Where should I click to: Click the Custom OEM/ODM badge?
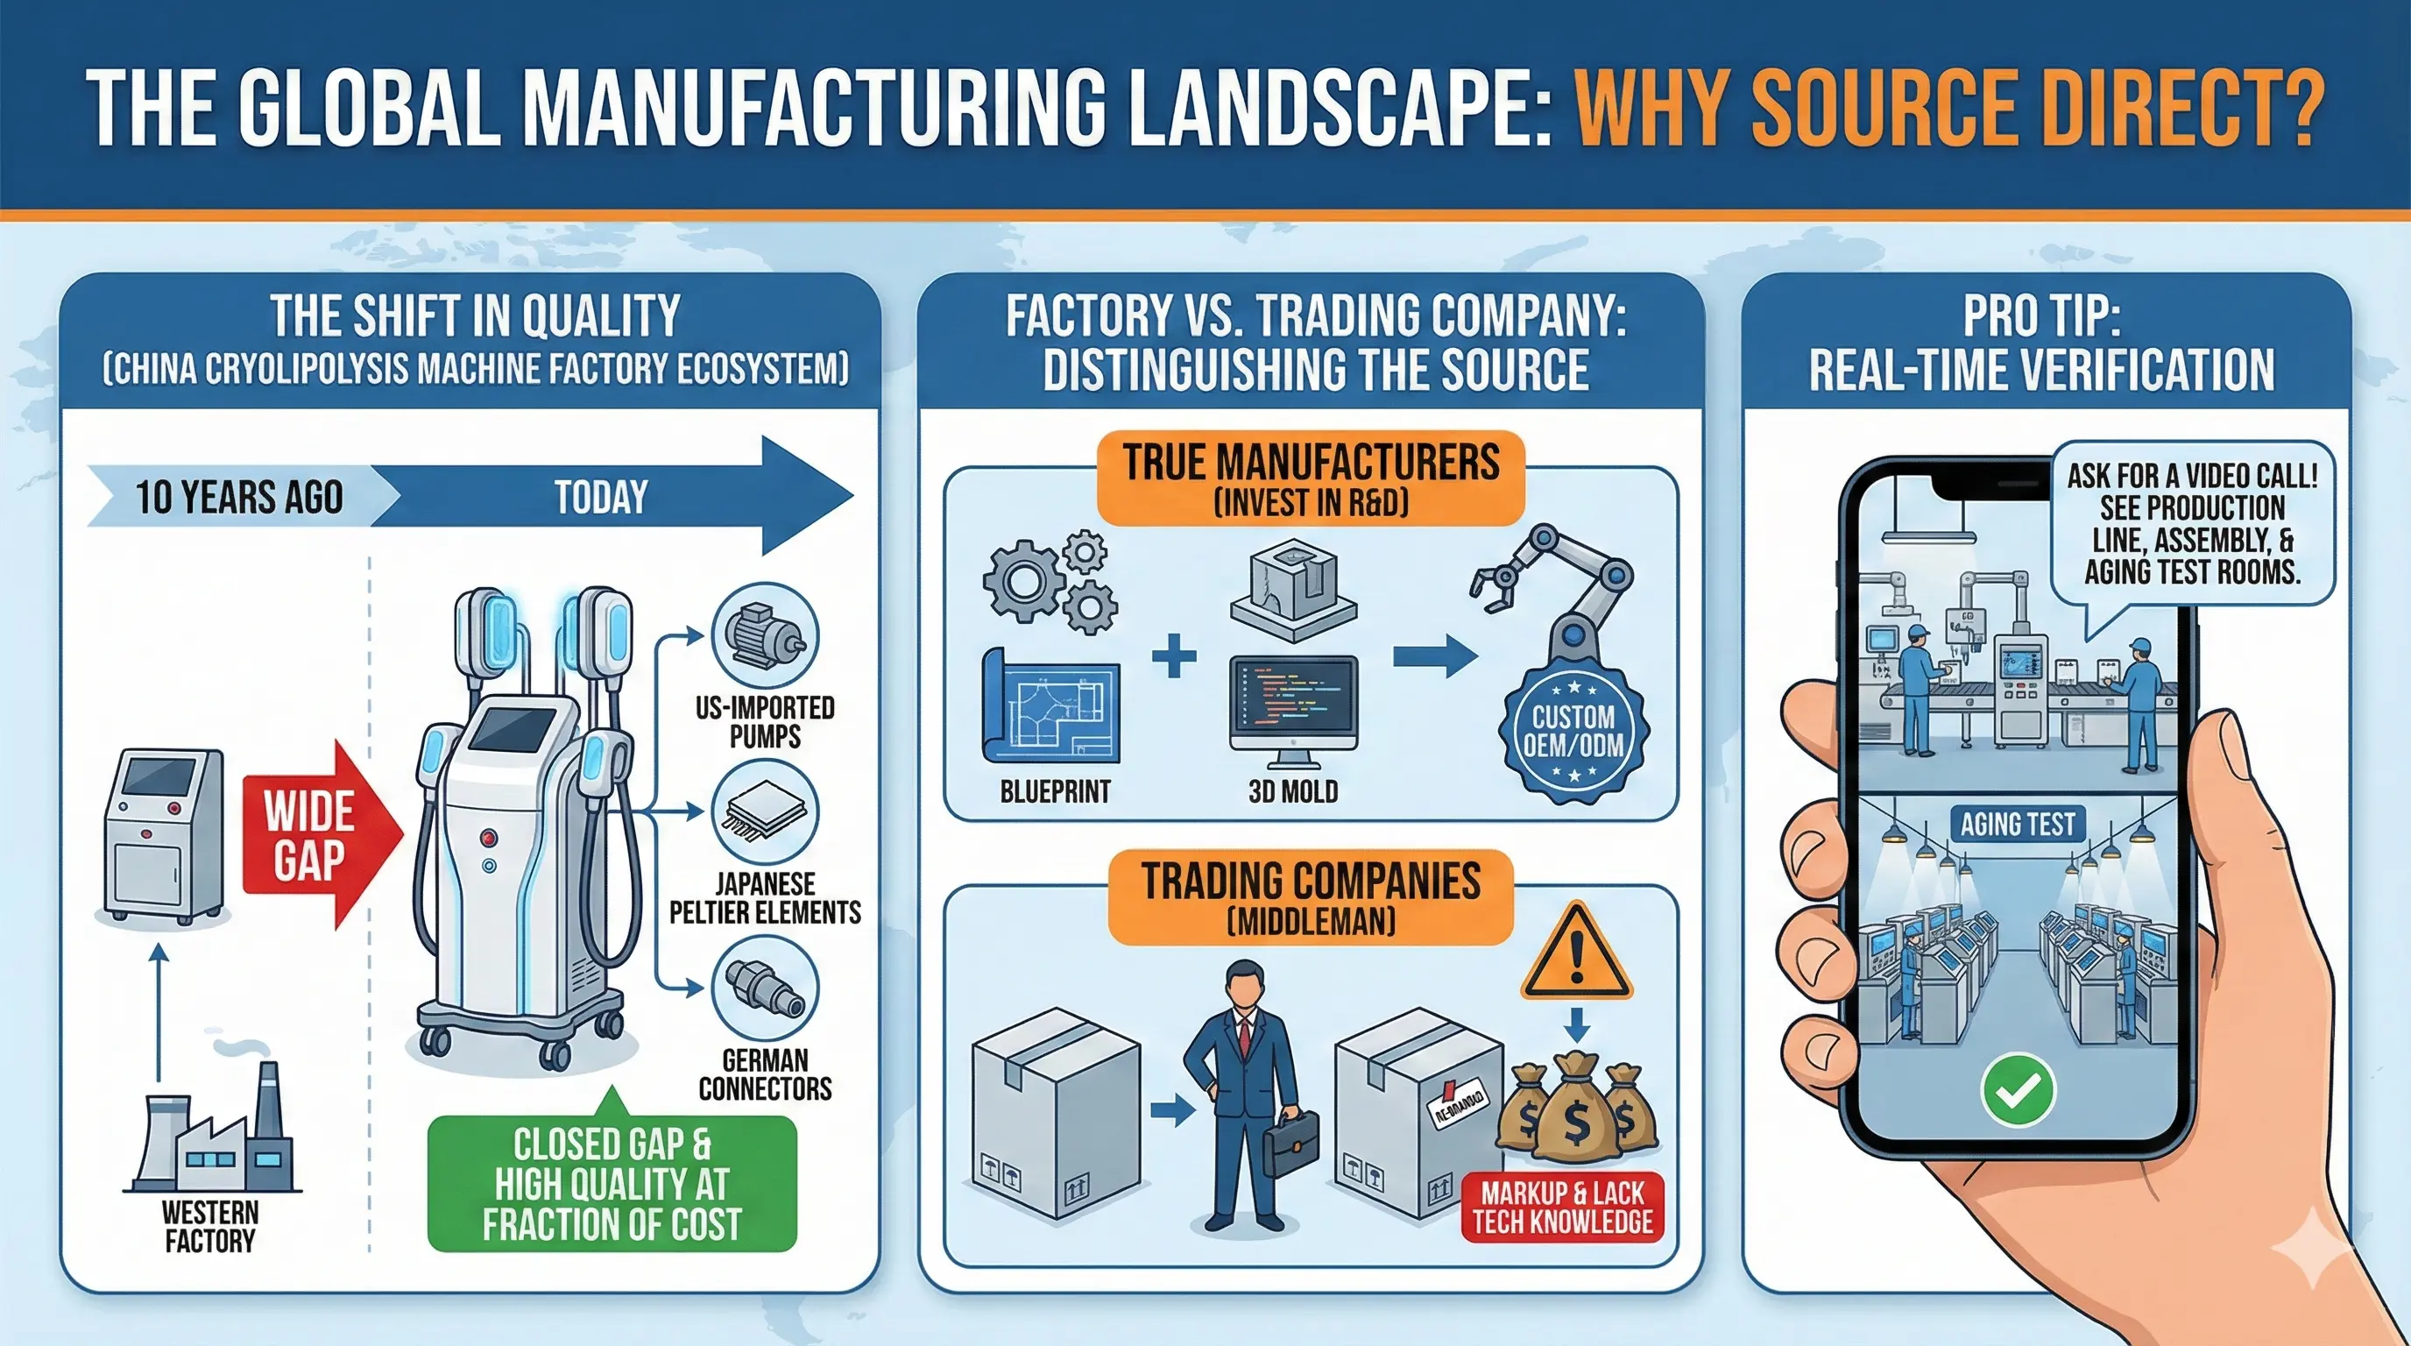[1573, 731]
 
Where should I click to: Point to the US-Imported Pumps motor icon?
[765, 636]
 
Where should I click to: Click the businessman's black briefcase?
[1290, 1140]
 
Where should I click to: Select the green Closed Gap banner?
[612, 1183]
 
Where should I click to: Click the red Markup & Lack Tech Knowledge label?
[1562, 1208]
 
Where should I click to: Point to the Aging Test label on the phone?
[2017, 825]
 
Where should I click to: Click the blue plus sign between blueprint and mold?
[1174, 655]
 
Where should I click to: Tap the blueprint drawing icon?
[1051, 705]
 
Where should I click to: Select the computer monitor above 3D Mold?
[1293, 704]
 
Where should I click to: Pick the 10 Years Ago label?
[238, 497]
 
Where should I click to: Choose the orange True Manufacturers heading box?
[1311, 478]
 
